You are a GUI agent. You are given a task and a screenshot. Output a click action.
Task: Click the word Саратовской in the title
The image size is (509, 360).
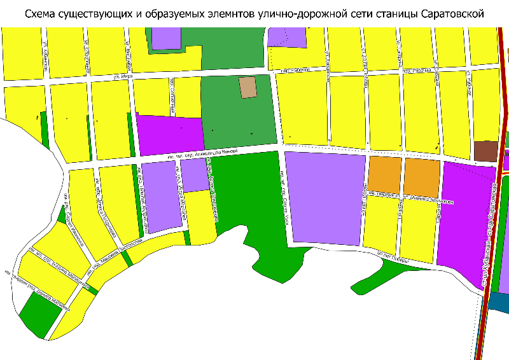(x=452, y=13)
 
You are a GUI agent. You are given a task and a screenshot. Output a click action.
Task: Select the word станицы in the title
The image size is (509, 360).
(x=394, y=13)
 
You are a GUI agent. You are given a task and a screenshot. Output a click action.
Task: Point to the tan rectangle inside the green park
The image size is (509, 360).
(x=248, y=88)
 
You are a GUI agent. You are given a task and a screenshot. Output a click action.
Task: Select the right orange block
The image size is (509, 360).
(x=421, y=177)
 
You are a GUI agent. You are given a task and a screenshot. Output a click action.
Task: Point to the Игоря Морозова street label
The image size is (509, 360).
(x=181, y=204)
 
